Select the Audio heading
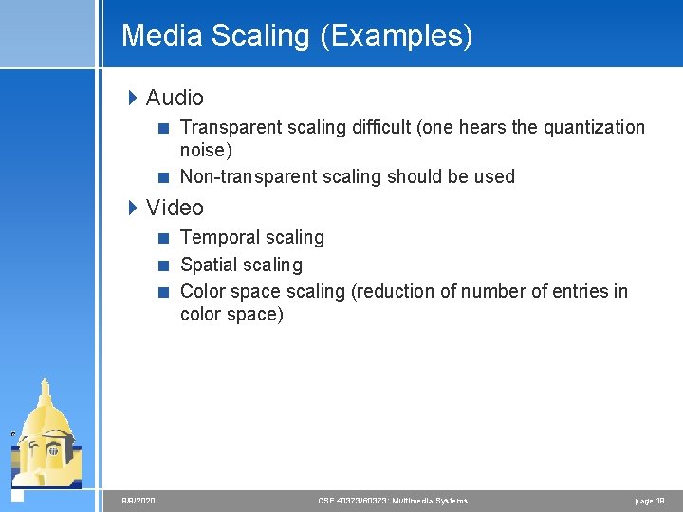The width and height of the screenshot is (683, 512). [175, 98]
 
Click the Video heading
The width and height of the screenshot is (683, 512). [175, 208]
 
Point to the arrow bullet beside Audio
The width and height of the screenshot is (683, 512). [134, 97]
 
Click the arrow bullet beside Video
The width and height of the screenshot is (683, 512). [134, 207]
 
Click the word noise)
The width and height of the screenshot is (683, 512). [206, 151]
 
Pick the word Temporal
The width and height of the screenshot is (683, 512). [219, 238]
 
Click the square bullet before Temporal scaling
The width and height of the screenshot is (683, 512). [164, 238]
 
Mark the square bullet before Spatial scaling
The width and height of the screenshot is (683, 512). [164, 265]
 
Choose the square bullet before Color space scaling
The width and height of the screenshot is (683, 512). [164, 292]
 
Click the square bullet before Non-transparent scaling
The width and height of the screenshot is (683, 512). [164, 177]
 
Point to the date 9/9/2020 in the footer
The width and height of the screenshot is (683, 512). [138, 501]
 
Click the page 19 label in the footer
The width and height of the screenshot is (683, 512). [650, 501]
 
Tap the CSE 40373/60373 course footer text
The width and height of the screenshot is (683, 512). [392, 501]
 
